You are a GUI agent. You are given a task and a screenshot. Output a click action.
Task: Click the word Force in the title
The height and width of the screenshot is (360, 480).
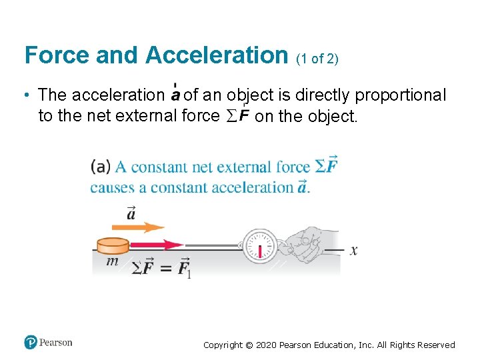[x=57, y=55]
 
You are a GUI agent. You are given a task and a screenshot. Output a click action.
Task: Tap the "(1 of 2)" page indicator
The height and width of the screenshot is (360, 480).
[x=317, y=58]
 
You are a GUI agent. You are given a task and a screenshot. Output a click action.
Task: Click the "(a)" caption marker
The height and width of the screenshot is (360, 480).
[x=101, y=167]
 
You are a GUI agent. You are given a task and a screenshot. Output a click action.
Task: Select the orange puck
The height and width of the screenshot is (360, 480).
[x=113, y=245]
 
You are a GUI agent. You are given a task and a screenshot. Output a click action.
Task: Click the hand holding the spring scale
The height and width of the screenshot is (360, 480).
[x=310, y=244]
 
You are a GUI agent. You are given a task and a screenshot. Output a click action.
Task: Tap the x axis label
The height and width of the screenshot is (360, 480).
[x=353, y=251]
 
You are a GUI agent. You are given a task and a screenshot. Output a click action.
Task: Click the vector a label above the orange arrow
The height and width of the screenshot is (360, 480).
[x=131, y=213]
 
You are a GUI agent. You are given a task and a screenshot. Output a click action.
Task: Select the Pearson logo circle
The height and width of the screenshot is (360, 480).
[x=31, y=343]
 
